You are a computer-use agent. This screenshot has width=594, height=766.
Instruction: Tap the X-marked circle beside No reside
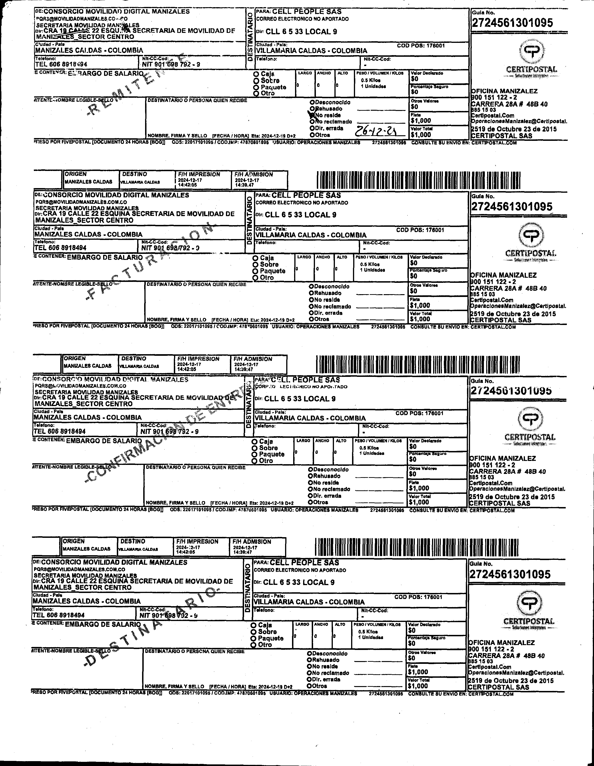point(311,114)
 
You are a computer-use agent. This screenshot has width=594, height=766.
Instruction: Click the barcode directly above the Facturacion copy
point(418,181)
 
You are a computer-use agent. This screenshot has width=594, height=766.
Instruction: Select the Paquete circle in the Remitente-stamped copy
point(256,87)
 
